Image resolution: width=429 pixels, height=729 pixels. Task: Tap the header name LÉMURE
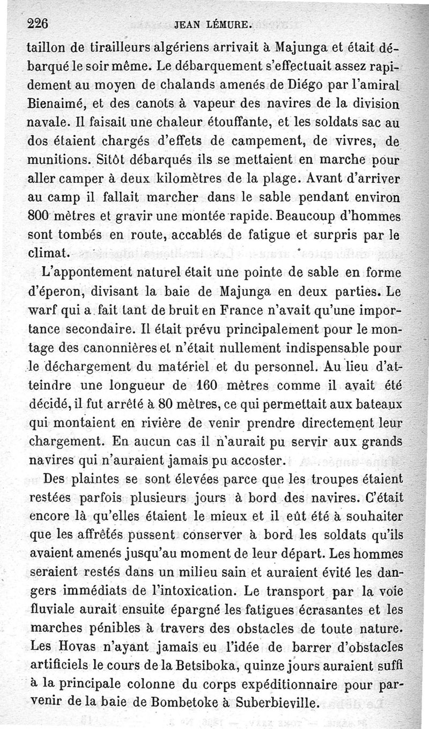[227, 25]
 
